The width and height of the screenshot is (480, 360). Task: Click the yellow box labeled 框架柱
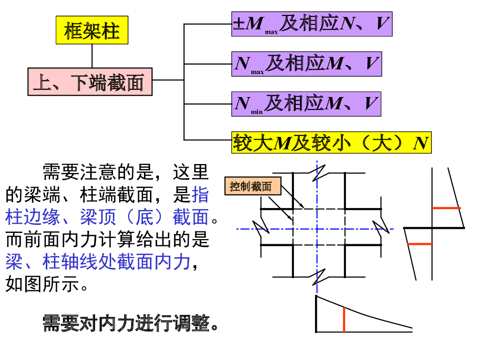92,30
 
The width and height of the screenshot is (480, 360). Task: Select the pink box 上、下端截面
90,82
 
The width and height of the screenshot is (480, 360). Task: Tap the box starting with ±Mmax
312,24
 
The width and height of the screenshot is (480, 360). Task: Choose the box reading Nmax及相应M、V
307,64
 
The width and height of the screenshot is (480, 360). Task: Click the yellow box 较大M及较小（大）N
331,142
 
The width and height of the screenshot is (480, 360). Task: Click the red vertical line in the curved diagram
344,320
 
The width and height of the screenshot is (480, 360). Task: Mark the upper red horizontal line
446,208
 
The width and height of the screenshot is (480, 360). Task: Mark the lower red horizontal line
420,244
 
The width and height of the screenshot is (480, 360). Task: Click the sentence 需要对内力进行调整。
131,323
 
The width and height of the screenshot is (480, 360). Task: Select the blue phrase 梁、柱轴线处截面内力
98,262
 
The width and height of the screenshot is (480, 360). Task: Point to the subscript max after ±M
271,32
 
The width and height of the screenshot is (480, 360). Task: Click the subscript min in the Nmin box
256,112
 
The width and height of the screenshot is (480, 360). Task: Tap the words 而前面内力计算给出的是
107,240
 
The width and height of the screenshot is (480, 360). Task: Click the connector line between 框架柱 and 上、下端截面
92,56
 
